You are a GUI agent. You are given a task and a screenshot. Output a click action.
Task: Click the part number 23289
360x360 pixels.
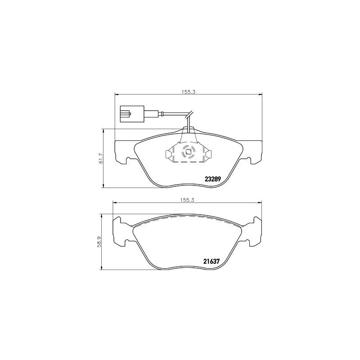213,179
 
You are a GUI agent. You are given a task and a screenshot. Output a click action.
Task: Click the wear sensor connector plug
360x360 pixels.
131,113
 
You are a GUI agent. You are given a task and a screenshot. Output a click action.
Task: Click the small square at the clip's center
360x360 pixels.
188,152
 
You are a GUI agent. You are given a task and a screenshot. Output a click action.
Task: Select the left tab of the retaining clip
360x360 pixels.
168,155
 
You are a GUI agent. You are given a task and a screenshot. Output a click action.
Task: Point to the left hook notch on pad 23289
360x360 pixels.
130,159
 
